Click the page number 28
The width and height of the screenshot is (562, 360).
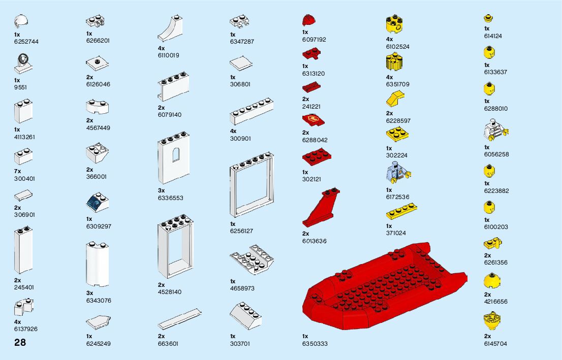(x=20, y=342)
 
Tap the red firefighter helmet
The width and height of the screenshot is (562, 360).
(x=308, y=20)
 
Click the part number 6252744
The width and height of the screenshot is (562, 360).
(x=26, y=42)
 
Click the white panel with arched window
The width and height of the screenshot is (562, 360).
(x=176, y=160)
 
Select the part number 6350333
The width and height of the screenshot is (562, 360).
(x=315, y=344)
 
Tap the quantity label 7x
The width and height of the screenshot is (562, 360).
(x=18, y=172)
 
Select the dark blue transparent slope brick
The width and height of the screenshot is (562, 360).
(x=97, y=203)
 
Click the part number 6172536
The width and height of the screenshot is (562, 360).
(x=397, y=197)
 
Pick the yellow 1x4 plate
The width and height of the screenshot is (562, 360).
(x=401, y=212)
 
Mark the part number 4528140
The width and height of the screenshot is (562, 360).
(x=169, y=292)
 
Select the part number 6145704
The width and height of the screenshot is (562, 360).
(x=495, y=344)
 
